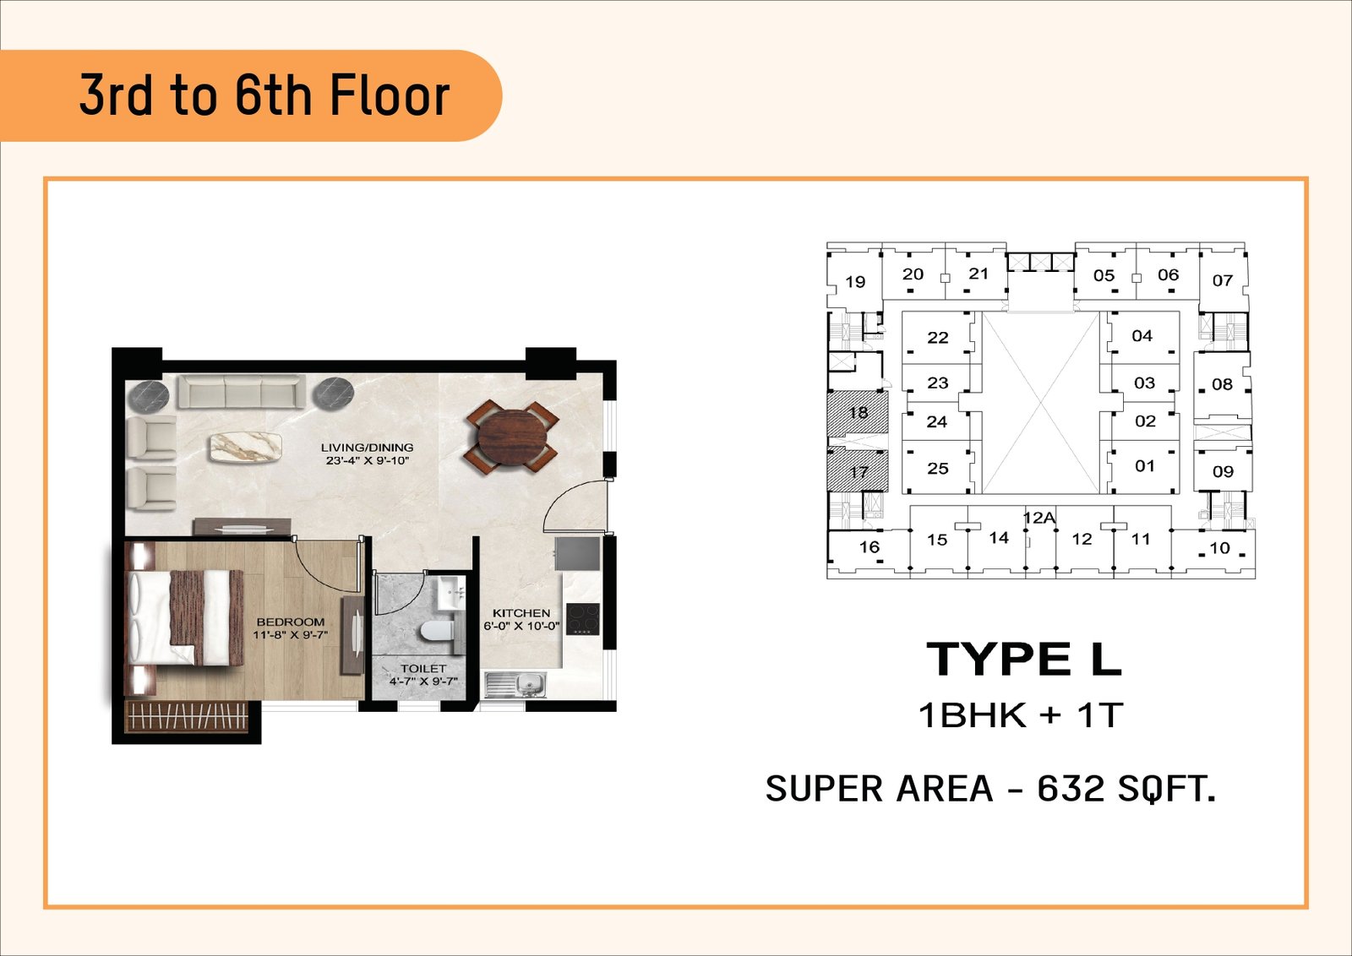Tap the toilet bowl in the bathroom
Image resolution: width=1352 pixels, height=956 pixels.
[x=436, y=631]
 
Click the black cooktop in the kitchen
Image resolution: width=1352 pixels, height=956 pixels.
[x=582, y=619]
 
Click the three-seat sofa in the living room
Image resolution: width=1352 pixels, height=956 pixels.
[x=243, y=392]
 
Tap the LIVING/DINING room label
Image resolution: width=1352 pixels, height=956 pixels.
[x=367, y=448]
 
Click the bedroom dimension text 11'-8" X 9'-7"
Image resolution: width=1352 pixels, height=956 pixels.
[x=291, y=634]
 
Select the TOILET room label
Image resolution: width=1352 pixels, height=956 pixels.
[x=423, y=668]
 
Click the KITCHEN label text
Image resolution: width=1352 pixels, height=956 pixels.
[x=521, y=613]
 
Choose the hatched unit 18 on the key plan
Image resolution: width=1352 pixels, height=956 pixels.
[x=858, y=413]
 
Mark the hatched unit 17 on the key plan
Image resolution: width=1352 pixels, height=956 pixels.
[x=858, y=470]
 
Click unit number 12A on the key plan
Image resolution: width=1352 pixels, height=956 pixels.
[x=1039, y=518]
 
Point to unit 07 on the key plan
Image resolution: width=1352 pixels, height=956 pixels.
[x=1223, y=280]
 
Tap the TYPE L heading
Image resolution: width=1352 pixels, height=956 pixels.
[x=1023, y=660]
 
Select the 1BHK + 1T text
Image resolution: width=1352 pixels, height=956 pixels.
[x=1021, y=715]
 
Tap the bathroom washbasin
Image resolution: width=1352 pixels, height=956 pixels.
[x=451, y=592]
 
